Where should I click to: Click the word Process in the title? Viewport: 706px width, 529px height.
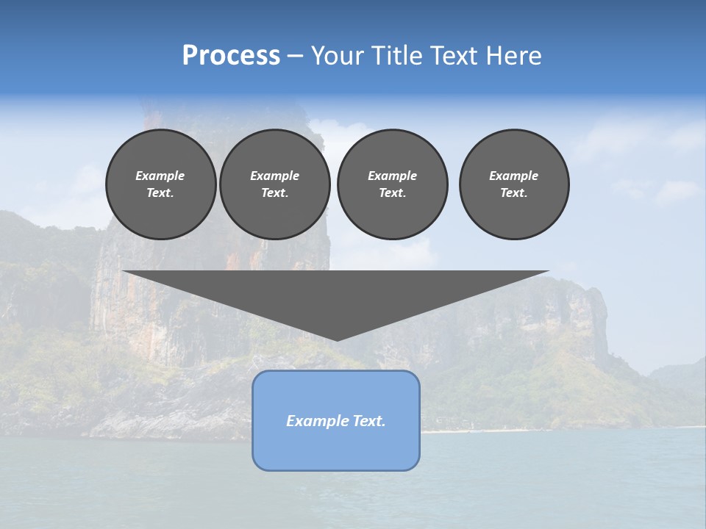[231, 56]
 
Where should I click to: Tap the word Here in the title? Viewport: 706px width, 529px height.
[514, 56]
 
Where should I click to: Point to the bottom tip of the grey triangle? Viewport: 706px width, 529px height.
[337, 339]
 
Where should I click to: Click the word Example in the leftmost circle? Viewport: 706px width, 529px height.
[160, 176]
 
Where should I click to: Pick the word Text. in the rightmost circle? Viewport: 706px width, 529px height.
[514, 192]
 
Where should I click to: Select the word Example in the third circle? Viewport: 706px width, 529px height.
[392, 176]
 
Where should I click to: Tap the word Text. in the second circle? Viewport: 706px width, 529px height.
[274, 192]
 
